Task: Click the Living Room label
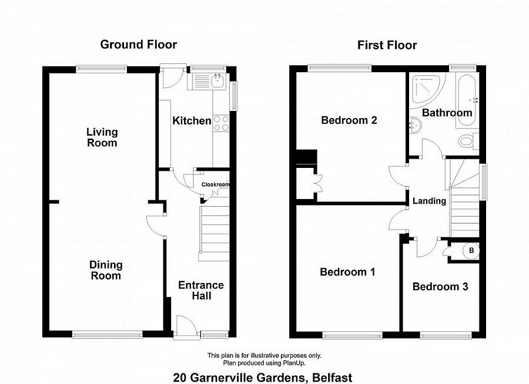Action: coord(102,137)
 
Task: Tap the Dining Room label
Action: coord(106,271)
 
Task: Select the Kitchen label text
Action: coord(192,121)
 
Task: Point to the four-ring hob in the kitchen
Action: coord(221,123)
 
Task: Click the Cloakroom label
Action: coord(215,184)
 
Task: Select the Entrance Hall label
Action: coord(201,290)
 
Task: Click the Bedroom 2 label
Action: coord(349,120)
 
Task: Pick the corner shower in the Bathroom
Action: coord(424,89)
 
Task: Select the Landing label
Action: coord(429,201)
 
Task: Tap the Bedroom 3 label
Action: coord(440,287)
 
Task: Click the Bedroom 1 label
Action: coord(347,272)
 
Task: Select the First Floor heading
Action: coord(387,45)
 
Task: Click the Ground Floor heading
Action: coord(138,45)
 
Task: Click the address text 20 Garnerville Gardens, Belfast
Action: coord(263,378)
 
